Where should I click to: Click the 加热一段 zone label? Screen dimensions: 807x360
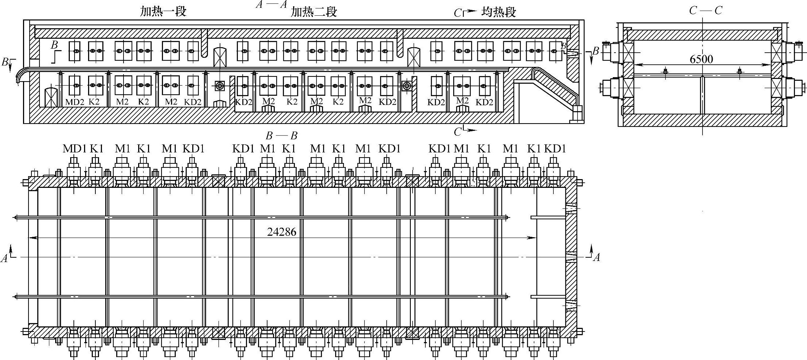163,12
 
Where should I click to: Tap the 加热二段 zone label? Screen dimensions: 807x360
314,12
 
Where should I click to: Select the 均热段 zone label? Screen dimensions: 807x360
499,12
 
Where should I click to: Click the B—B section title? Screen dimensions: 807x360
281,136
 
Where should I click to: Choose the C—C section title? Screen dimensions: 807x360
706,11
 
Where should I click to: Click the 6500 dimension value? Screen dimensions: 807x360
701,59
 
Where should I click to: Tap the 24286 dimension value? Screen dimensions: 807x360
281,232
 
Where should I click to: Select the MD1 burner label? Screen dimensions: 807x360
75,149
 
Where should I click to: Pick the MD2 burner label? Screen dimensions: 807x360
75,102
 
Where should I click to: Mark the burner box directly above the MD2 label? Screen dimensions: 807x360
75,86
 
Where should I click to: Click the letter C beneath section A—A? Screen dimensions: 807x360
458,132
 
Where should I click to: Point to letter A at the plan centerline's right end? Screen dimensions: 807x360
596,258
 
